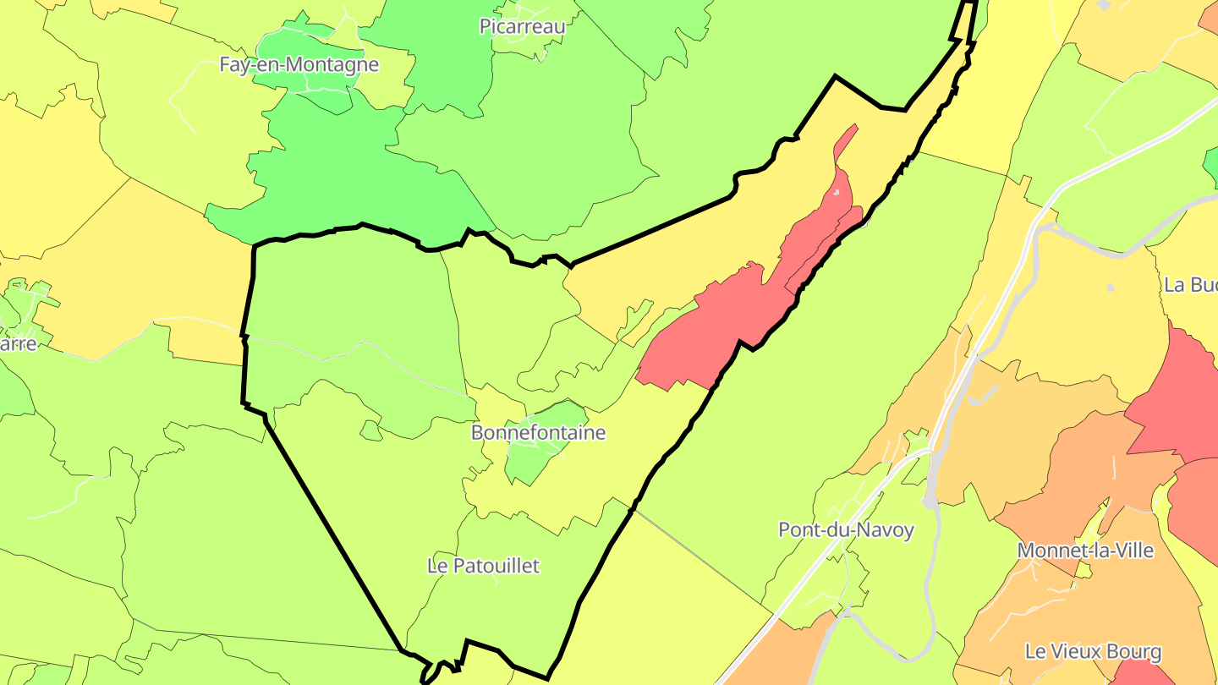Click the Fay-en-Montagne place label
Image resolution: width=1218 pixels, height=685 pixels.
pyautogui.click(x=299, y=64)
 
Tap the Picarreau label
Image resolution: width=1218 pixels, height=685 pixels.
pyautogui.click(x=522, y=26)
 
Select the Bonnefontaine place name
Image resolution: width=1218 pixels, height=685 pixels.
pyautogui.click(x=538, y=433)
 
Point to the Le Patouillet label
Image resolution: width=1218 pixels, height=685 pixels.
pyautogui.click(x=483, y=566)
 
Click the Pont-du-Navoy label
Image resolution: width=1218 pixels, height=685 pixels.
pyautogui.click(x=846, y=530)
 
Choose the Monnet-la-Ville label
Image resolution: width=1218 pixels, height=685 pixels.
pyautogui.click(x=1085, y=551)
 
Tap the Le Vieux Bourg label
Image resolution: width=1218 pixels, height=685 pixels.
pyautogui.click(x=1093, y=652)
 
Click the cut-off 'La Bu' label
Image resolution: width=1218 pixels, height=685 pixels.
pyautogui.click(x=1190, y=285)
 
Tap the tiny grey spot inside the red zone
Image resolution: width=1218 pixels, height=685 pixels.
pyautogui.click(x=836, y=194)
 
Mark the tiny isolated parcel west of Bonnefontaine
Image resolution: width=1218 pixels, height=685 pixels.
pyautogui.click(x=370, y=431)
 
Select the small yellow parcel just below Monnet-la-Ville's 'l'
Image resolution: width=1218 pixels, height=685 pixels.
pyautogui.click(x=1084, y=572)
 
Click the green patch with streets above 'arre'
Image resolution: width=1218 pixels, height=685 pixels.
pyautogui.click(x=30, y=304)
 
